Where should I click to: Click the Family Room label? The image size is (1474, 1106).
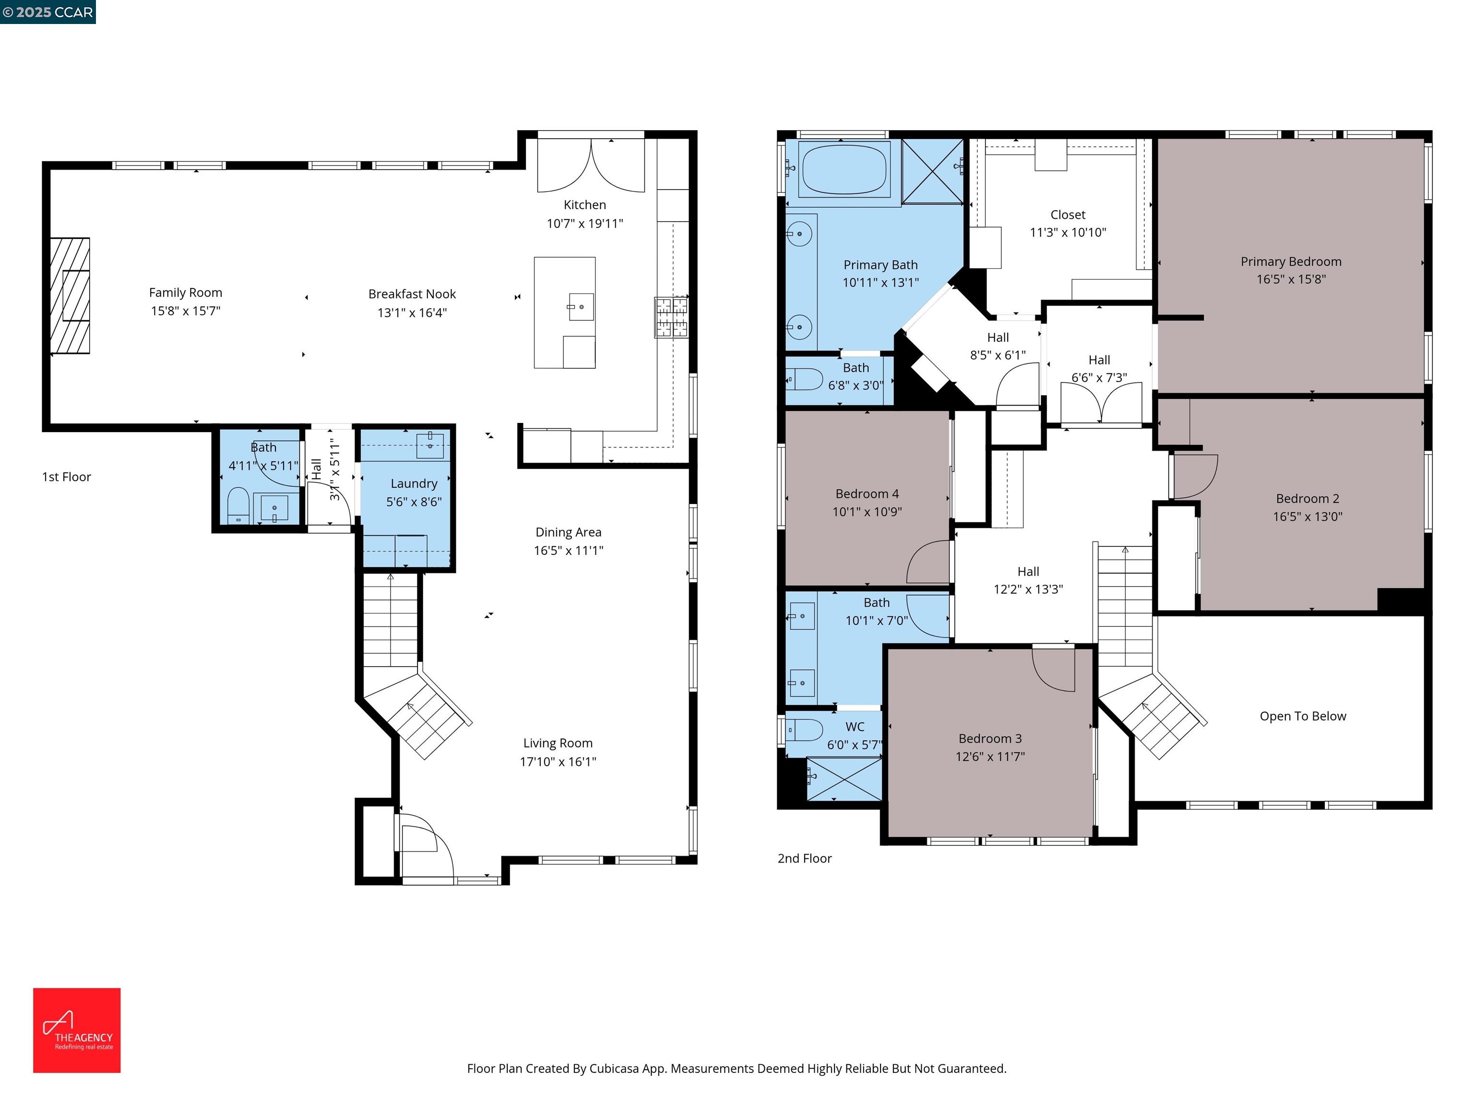(x=185, y=293)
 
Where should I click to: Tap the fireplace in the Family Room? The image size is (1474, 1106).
(x=71, y=295)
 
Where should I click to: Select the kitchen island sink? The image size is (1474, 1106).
(x=581, y=307)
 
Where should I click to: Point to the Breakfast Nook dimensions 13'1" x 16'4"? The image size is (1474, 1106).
(x=412, y=313)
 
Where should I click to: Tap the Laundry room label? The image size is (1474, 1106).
(x=414, y=484)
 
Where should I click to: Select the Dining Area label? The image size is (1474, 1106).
(x=569, y=532)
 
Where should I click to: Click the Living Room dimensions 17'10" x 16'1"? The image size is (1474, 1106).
(x=558, y=762)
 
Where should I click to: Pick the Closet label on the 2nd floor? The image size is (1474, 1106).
(x=1068, y=215)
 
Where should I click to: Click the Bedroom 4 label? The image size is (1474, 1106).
(x=867, y=494)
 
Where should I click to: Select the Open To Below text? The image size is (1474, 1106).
(x=1303, y=716)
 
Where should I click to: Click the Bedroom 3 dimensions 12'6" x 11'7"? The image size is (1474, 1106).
(x=990, y=757)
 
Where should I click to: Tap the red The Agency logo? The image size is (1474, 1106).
(x=77, y=1030)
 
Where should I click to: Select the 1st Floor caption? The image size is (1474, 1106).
(x=67, y=477)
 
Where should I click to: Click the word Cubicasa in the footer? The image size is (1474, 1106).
(x=614, y=1069)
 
